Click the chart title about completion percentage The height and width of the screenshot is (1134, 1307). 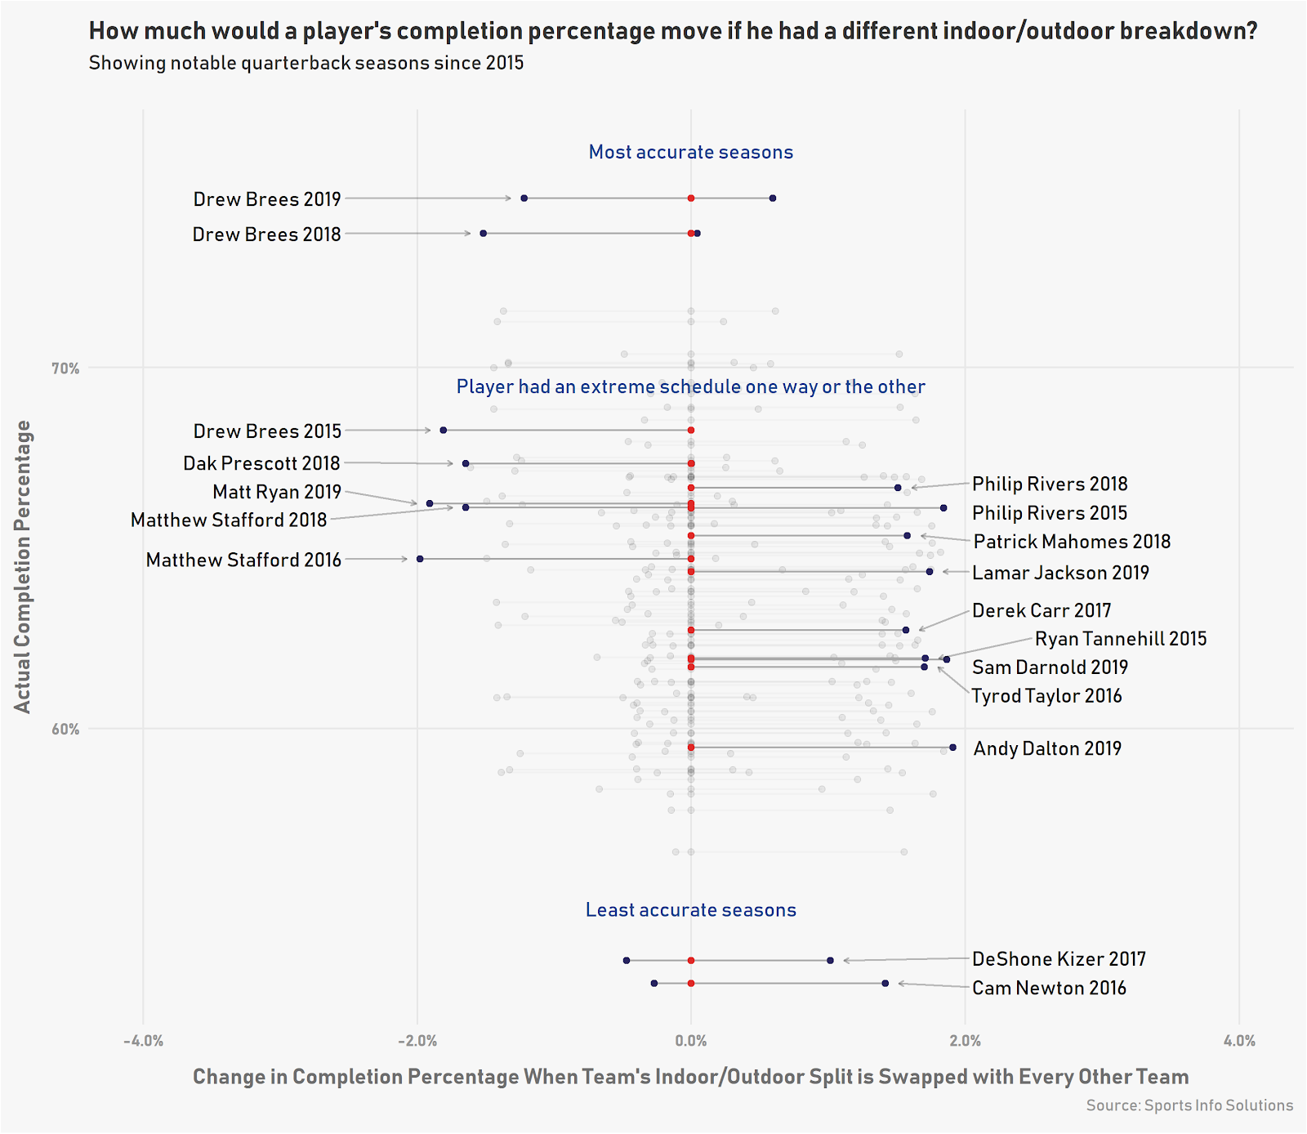pos(672,31)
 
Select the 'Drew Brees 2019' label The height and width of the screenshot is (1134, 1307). pos(267,199)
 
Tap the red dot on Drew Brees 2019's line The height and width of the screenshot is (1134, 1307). pos(691,199)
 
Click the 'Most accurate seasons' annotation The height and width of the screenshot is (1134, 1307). pos(691,152)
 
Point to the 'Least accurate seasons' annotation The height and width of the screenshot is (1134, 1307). pos(691,910)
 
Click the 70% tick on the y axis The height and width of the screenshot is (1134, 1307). pos(65,368)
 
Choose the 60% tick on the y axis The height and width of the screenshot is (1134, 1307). pos(65,729)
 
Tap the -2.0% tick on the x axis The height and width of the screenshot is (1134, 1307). pos(417,1041)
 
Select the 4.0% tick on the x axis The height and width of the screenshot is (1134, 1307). pos(1239,1041)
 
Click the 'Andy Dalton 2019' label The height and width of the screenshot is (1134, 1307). pos(1047,748)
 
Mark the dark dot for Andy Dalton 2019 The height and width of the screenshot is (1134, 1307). pos(952,748)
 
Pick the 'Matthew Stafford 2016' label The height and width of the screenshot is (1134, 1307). pos(243,560)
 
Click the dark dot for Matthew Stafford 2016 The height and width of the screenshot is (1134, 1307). pos(420,559)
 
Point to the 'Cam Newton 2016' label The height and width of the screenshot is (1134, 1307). pos(1049,988)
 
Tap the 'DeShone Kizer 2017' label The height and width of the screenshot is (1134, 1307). pos(1059,959)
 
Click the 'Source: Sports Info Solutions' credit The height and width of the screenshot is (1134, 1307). pos(1189,1105)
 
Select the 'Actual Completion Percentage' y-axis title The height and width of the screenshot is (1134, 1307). pos(23,566)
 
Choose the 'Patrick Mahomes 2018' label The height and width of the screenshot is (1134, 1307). pos(1072,542)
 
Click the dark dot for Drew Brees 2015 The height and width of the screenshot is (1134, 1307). pos(444,430)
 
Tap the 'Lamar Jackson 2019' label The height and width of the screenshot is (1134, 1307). pos(1060,573)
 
